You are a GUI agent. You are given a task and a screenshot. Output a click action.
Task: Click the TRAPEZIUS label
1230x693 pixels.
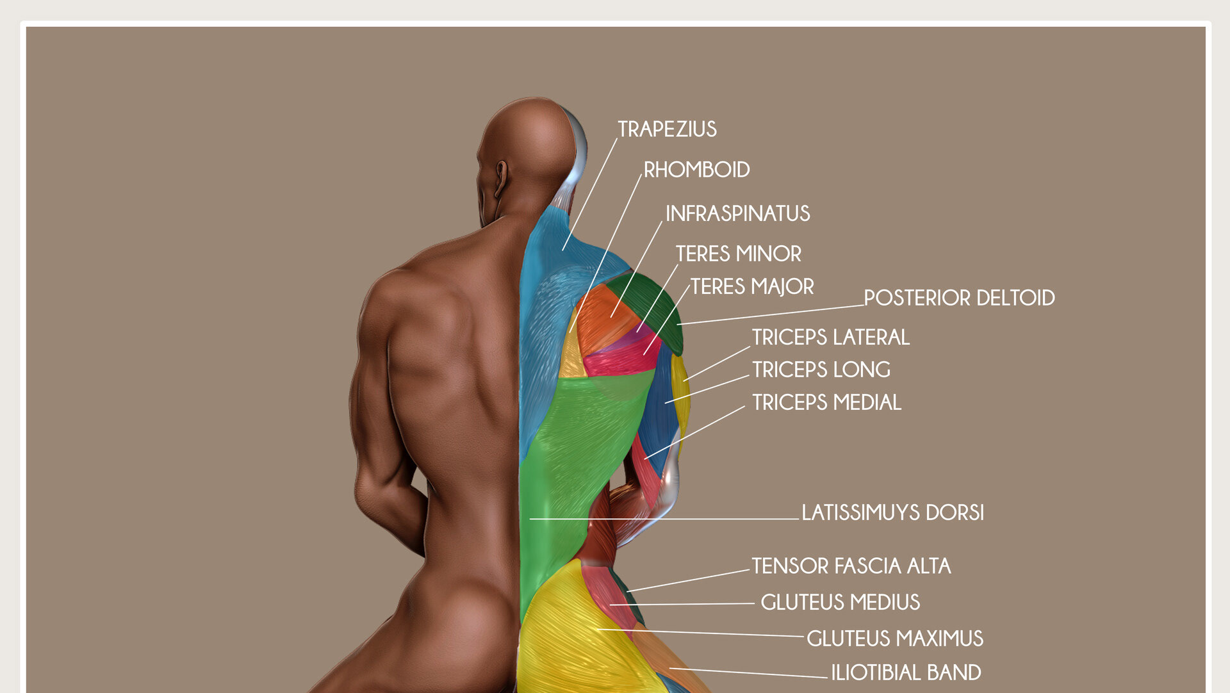(x=667, y=129)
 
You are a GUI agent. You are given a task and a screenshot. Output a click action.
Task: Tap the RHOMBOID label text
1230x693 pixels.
(x=696, y=170)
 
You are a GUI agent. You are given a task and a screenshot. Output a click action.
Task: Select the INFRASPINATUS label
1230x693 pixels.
(x=737, y=213)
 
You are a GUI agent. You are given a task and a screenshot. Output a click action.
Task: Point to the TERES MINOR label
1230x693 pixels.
(x=738, y=254)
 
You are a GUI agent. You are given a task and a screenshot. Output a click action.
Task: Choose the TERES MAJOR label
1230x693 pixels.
(x=751, y=286)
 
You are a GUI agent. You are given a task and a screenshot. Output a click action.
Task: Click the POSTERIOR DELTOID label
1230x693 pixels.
(x=958, y=298)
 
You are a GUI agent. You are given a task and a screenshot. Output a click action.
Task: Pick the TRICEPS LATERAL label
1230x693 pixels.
(x=830, y=337)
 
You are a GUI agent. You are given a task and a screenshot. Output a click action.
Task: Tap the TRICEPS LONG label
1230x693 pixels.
(x=821, y=370)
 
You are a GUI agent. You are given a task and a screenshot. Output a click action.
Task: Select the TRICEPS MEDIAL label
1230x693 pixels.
(x=826, y=402)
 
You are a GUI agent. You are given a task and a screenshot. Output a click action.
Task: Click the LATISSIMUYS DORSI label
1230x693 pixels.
(x=892, y=512)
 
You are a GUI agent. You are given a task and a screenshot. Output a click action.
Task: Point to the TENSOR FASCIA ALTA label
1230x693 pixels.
(x=851, y=566)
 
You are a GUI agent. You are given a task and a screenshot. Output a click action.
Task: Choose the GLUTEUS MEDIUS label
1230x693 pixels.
(x=840, y=602)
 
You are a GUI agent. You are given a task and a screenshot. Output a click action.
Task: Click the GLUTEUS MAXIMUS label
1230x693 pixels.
(x=894, y=639)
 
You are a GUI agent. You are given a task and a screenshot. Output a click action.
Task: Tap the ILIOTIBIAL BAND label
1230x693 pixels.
(x=906, y=673)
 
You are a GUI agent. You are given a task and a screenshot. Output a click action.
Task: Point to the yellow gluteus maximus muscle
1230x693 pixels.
(x=564, y=634)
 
